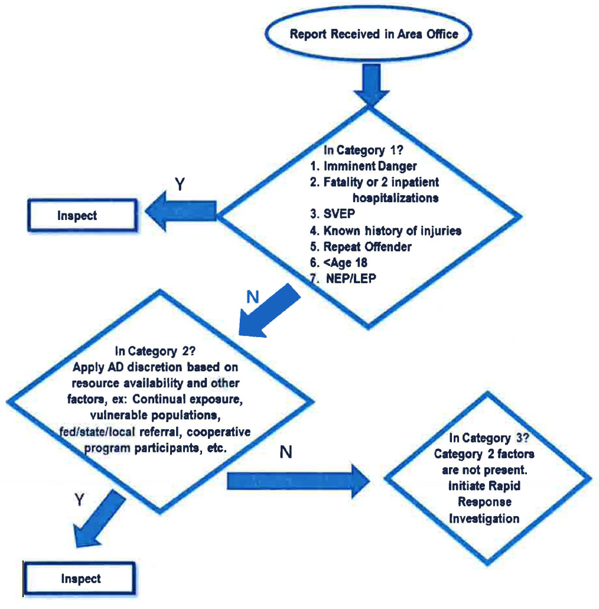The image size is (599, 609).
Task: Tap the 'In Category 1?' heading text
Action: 363,150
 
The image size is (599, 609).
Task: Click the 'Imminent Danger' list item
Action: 363,166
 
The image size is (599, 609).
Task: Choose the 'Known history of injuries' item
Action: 386,231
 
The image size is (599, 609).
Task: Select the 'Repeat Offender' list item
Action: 361,247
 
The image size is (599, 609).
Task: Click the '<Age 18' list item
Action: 338,263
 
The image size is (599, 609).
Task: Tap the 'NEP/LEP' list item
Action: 343,278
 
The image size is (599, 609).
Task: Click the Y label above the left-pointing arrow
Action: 180,184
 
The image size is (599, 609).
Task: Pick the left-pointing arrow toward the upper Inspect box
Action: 181,211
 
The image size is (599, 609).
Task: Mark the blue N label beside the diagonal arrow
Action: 253,297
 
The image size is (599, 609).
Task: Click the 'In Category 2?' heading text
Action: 155,351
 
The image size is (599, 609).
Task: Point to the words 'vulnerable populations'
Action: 155,415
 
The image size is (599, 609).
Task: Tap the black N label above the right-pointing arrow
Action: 285,452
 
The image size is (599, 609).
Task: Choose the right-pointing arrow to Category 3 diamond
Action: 298,481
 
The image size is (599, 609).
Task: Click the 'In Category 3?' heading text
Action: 489,438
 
